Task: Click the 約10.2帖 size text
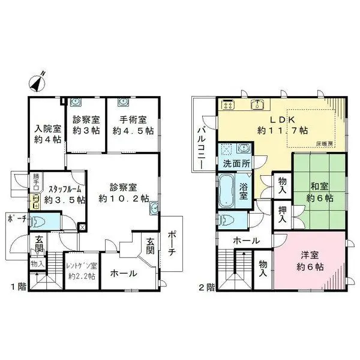point(124,199)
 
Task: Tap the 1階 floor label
point(17,286)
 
